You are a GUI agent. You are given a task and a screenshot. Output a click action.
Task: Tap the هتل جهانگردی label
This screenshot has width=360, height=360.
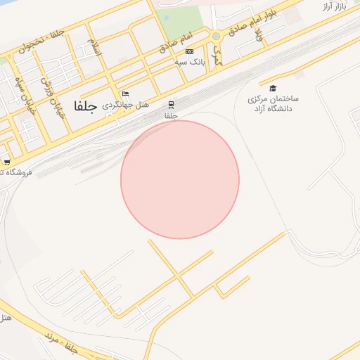tap(127, 105)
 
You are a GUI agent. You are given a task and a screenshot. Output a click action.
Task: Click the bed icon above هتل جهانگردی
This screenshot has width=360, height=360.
tap(126, 94)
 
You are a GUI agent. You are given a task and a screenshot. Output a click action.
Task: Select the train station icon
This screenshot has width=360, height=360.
tap(171, 105)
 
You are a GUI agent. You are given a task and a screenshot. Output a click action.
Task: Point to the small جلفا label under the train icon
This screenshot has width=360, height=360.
tap(171, 115)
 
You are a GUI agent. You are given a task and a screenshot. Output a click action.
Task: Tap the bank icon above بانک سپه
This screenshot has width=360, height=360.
tap(189, 51)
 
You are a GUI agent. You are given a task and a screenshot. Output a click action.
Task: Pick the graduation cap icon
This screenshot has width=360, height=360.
tap(273, 88)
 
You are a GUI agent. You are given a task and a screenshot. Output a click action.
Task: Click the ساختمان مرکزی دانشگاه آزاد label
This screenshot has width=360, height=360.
tap(274, 104)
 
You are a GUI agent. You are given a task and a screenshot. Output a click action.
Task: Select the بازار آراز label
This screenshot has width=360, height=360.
tap(336, 6)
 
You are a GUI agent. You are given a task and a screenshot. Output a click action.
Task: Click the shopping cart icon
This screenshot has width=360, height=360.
tap(7, 162)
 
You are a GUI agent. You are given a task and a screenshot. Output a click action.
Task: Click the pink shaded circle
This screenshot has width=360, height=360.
tap(180, 180)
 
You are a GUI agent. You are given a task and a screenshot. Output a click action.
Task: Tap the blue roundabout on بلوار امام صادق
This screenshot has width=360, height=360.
tap(217, 37)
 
